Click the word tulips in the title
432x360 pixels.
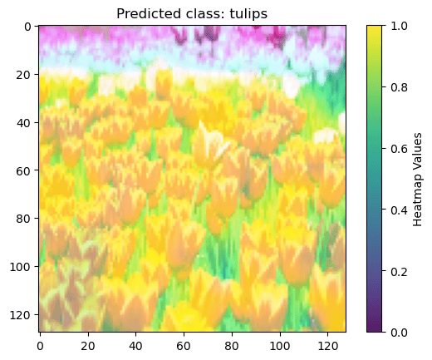tap(248, 13)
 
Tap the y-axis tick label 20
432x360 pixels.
tap(24, 75)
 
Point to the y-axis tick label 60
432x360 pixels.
tap(24, 170)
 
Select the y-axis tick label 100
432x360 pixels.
tap(21, 267)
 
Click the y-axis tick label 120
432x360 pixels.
tap(21, 315)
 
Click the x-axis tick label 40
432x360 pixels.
tap(135, 346)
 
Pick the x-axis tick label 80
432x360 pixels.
tap(232, 346)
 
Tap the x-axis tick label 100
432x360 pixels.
tap(280, 346)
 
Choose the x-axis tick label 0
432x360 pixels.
tap(40, 346)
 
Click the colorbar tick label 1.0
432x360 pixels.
tap(399, 26)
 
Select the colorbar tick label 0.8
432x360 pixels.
tap(399, 87)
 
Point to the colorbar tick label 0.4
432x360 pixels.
tap(399, 210)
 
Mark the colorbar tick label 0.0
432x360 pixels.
tap(399, 332)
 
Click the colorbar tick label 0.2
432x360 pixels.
tap(399, 272)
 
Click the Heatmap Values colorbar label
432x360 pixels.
tap(417, 180)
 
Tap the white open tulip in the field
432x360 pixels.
tap(212, 139)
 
